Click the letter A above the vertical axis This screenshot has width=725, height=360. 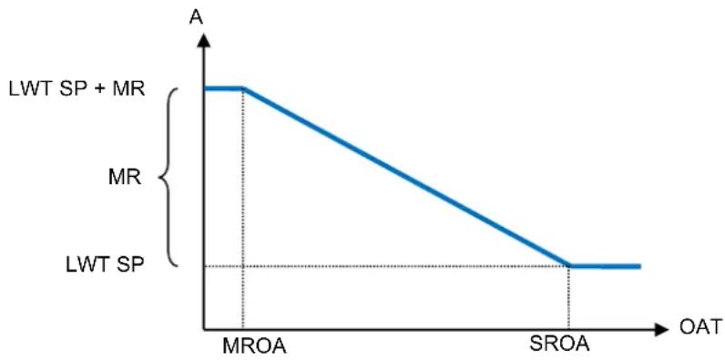coord(196,16)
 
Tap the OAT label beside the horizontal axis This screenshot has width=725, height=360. coord(700,327)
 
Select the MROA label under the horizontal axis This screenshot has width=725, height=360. coord(254,345)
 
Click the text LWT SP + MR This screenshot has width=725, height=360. coord(77,88)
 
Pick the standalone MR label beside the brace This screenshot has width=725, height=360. coord(125,177)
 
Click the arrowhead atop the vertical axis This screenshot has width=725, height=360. coord(203,40)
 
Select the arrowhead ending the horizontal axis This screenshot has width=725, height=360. coord(661,329)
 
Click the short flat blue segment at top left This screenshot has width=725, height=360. coord(224,87)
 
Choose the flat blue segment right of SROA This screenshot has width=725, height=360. coord(605,266)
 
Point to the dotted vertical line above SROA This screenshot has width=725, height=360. coord(568,298)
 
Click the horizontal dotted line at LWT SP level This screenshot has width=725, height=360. coord(386,266)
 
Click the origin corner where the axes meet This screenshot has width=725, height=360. coord(203,329)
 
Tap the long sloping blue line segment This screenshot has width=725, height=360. coord(406,177)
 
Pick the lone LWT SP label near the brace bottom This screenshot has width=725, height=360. coord(106,265)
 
